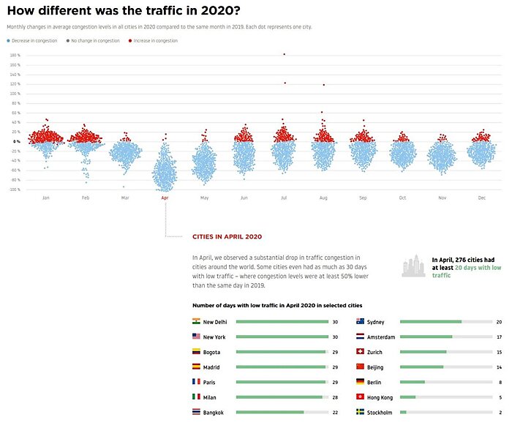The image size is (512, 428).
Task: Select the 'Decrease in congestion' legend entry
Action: (x=33, y=41)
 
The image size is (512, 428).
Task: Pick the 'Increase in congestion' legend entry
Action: (x=154, y=41)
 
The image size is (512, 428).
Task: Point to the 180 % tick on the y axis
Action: (x=15, y=55)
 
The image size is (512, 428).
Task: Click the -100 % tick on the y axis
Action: (x=15, y=189)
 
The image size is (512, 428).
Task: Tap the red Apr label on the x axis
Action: (x=165, y=198)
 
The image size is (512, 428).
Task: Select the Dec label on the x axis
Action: (x=481, y=198)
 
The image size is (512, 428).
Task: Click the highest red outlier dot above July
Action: (x=284, y=54)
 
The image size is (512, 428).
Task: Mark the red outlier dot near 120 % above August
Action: (x=323, y=85)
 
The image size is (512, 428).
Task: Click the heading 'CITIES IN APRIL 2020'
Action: (x=227, y=237)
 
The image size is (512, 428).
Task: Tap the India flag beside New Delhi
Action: (x=196, y=321)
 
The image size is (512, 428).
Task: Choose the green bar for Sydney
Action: (x=431, y=321)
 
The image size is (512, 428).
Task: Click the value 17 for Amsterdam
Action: (x=499, y=337)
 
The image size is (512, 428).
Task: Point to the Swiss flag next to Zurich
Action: (x=360, y=352)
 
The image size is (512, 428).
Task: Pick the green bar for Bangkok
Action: (x=270, y=413)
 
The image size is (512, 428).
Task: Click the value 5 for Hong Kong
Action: (x=500, y=397)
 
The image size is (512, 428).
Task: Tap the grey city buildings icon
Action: (x=413, y=267)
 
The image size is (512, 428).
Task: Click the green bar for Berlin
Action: (x=413, y=382)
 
